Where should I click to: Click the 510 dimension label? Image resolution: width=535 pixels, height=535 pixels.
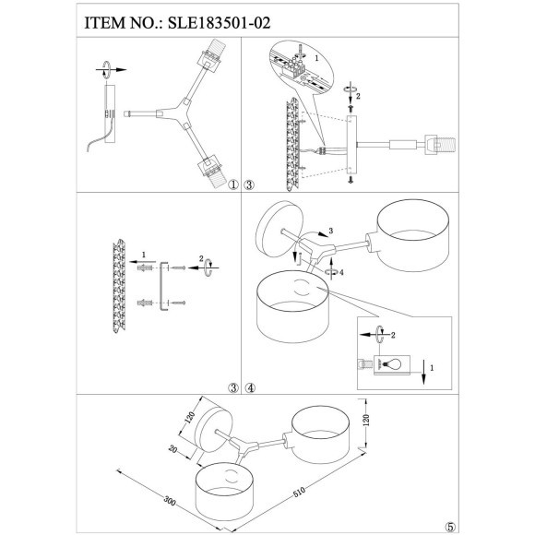point(299,493)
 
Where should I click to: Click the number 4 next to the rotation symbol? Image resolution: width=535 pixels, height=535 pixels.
point(339,273)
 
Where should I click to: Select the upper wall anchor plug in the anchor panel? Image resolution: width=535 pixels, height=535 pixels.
point(144,268)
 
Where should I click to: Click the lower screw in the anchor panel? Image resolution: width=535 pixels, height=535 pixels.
point(178,302)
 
